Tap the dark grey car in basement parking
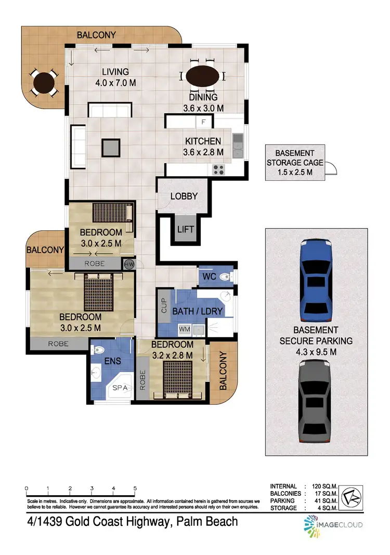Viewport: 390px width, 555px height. click(316, 402)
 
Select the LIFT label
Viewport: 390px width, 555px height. click(185, 229)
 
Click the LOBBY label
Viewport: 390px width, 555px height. click(184, 196)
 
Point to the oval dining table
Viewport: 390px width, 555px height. click(202, 77)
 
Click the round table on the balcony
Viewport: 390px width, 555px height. click(44, 83)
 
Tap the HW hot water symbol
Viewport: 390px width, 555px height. click(128, 264)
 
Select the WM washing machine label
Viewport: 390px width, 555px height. click(184, 328)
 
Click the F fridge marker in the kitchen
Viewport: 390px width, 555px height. click(203, 122)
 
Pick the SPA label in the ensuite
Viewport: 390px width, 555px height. click(120, 388)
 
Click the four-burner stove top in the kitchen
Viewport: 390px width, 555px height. click(218, 169)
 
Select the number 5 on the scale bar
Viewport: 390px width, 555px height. click(135, 488)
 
